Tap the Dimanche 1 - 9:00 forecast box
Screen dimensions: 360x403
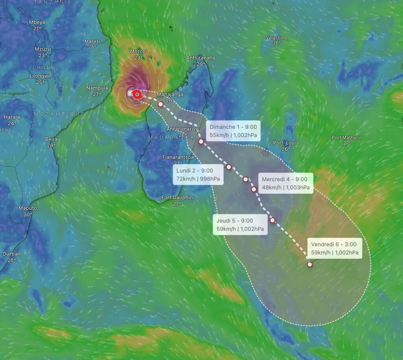tap(233, 131)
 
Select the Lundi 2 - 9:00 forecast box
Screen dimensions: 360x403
tap(198, 175)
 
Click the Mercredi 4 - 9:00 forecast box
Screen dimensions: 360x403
tap(285, 183)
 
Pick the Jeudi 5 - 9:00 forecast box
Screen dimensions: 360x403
tap(240, 225)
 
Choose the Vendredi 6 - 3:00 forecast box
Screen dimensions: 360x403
tap(334, 248)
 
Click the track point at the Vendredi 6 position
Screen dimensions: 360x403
tap(310, 264)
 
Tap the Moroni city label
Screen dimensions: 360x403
tap(138, 52)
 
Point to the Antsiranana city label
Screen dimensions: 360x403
tap(201, 58)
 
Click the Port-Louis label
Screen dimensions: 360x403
tap(286, 143)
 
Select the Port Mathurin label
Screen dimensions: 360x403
tap(347, 137)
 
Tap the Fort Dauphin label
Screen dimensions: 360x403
tap(177, 197)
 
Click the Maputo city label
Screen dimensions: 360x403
tap(28, 208)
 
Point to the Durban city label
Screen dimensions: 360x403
tap(11, 254)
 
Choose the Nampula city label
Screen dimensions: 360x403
tap(97, 88)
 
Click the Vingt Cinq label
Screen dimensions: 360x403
tap(277, 38)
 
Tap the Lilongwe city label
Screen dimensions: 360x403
tap(40, 76)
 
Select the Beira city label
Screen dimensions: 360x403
tap(52, 139)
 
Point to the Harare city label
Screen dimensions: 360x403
tap(12, 117)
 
